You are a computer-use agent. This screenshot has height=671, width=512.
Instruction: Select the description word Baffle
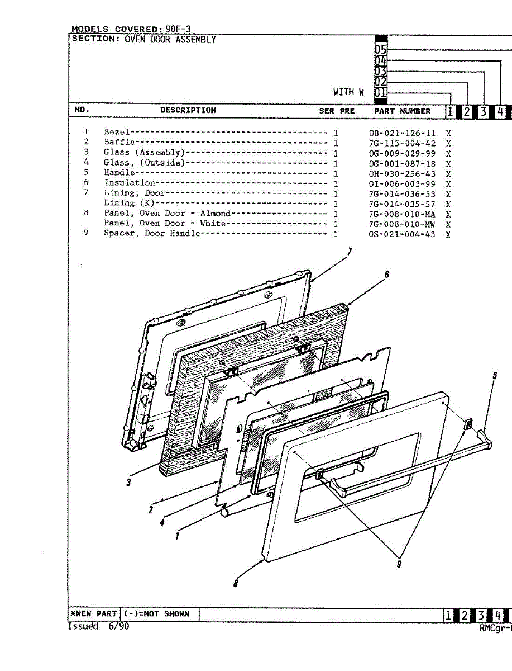pyautogui.click(x=119, y=142)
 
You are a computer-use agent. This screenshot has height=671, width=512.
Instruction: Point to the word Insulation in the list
pyautogui.click(x=130, y=183)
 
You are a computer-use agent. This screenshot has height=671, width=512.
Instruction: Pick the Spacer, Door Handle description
pyautogui.click(x=151, y=233)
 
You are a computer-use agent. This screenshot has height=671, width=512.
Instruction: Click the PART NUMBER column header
pyautogui.click(x=402, y=111)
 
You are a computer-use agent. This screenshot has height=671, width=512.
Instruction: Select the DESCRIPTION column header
pyautogui.click(x=188, y=110)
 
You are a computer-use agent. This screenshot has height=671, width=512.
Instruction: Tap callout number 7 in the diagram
pyautogui.click(x=350, y=252)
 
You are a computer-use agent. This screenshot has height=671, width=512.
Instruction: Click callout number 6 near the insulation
pyautogui.click(x=386, y=274)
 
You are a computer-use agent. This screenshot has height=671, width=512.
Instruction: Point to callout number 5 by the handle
pyautogui.click(x=494, y=376)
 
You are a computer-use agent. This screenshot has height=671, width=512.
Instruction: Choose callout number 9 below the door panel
pyautogui.click(x=399, y=564)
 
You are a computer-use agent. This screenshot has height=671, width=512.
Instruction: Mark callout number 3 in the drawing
pyautogui.click(x=128, y=483)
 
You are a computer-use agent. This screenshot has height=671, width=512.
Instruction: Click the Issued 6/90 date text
pyautogui.click(x=98, y=626)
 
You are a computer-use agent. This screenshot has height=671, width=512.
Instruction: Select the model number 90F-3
pyautogui.click(x=178, y=29)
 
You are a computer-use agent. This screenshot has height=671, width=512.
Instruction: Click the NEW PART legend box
pyautogui.click(x=93, y=613)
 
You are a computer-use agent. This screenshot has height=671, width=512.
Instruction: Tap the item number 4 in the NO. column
pyautogui.click(x=87, y=162)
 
